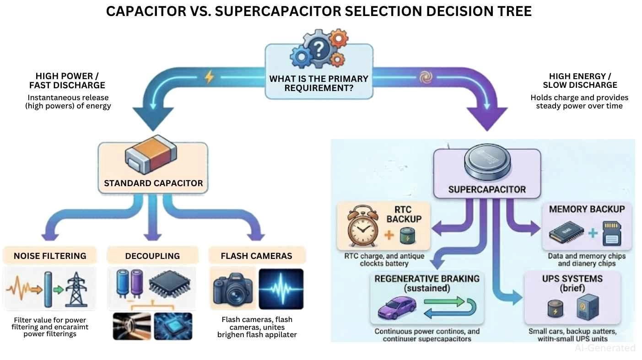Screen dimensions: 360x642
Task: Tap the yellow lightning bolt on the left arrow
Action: click(x=209, y=77)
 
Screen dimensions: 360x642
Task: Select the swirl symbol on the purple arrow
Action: click(x=426, y=78)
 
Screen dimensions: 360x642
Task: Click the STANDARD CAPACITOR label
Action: click(x=153, y=183)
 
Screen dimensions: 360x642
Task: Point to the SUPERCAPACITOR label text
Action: click(x=487, y=189)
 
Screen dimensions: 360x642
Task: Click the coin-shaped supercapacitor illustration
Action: click(x=486, y=165)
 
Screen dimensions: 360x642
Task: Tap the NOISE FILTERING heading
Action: click(x=50, y=256)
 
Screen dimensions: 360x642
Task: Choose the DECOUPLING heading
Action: click(x=152, y=256)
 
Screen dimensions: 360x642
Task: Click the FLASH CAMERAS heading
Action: click(x=256, y=256)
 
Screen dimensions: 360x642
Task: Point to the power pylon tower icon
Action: click(x=75, y=289)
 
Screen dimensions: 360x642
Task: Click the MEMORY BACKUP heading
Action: click(x=586, y=209)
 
